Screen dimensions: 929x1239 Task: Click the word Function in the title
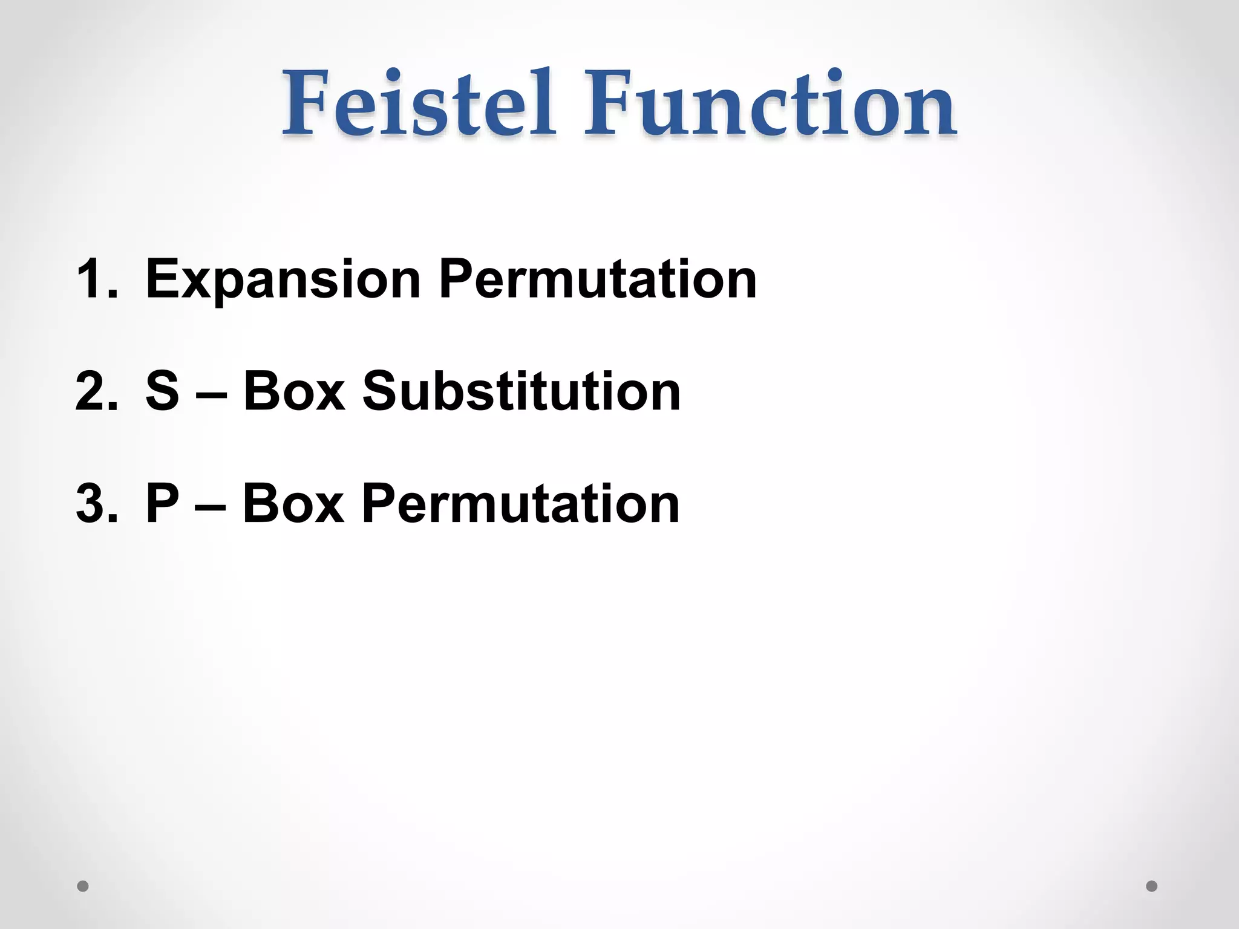pyautogui.click(x=770, y=103)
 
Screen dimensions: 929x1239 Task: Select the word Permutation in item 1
pyautogui.click(x=598, y=279)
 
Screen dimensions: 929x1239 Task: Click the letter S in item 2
pyautogui.click(x=163, y=391)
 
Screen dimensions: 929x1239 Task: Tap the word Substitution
pyautogui.click(x=521, y=391)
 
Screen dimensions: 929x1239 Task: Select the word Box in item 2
pyautogui.click(x=294, y=391)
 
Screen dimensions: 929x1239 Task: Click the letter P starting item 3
pyautogui.click(x=163, y=503)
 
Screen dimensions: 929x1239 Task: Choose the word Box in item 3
pyautogui.click(x=293, y=503)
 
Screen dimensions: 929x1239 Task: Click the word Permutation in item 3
pyautogui.click(x=521, y=503)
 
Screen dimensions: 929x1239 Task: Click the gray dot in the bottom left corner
pyautogui.click(x=83, y=886)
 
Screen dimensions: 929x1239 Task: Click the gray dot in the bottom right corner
pyautogui.click(x=1152, y=886)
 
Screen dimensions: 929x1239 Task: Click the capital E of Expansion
pyautogui.click(x=163, y=279)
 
